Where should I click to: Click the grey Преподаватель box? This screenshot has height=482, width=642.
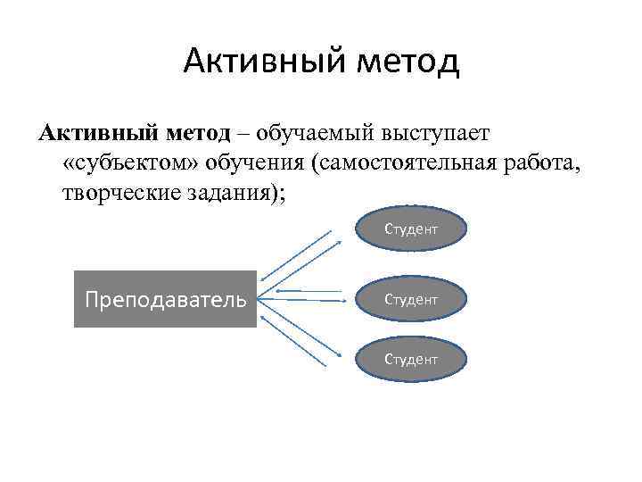tap(165, 298)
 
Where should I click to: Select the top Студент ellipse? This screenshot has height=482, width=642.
tap(411, 229)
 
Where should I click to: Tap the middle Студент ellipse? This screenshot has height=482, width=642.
tap(411, 299)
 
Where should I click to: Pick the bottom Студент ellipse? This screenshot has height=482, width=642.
tap(411, 359)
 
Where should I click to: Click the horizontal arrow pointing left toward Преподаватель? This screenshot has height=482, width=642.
tap(308, 291)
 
